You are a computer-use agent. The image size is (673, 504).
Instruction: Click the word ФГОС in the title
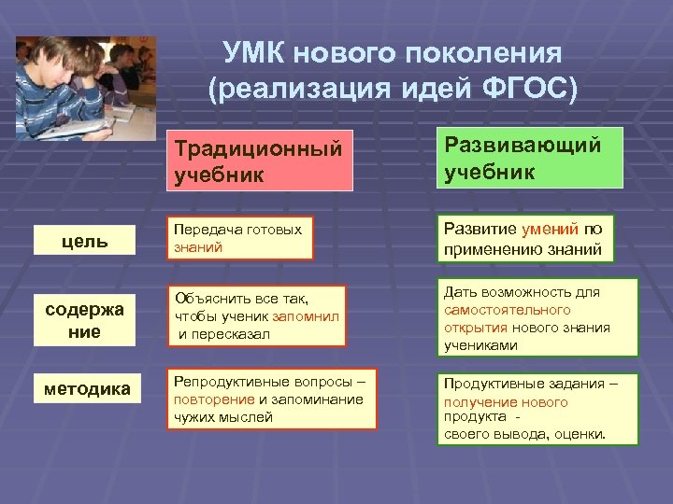[x=535, y=88]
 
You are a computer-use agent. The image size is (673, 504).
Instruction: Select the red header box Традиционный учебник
[x=259, y=160]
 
